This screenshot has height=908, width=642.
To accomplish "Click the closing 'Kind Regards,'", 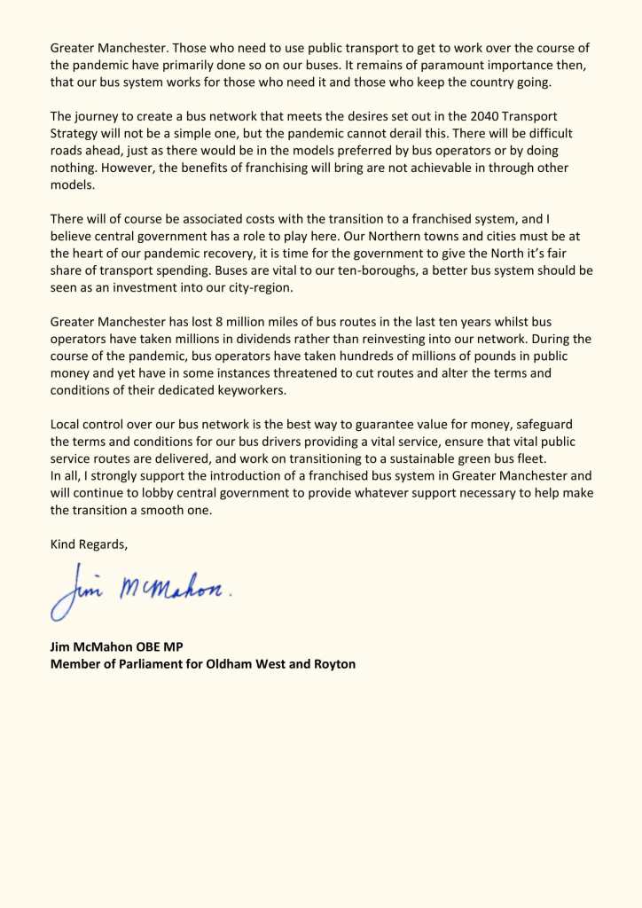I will pyautogui.click(x=89, y=544).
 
